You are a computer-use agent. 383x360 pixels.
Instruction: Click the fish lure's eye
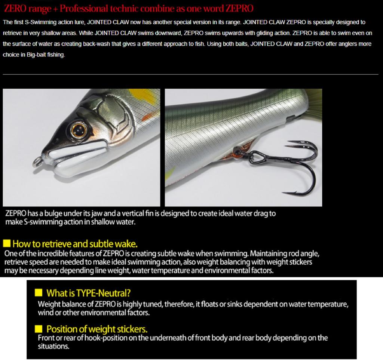[79, 130]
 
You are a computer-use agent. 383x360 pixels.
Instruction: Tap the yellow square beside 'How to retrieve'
[7, 244]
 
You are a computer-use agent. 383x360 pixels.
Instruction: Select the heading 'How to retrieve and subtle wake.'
[75, 244]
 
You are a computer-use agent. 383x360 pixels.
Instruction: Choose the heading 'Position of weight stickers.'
[96, 329]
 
